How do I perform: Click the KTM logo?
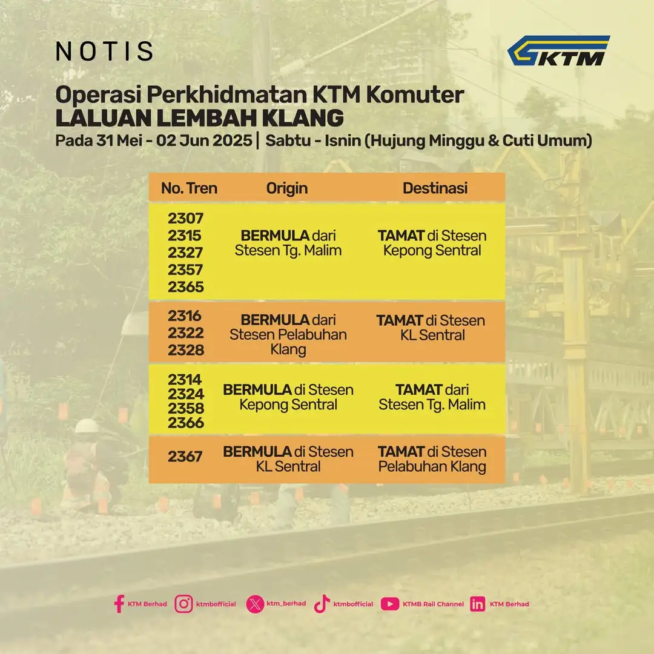(558, 50)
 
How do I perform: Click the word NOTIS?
(104, 51)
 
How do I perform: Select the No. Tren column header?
(189, 188)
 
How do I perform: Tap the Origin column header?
(287, 188)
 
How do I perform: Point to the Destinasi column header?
(435, 188)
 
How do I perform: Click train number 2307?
(186, 218)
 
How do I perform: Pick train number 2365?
(186, 287)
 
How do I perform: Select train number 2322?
(186, 333)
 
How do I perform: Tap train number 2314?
(185, 380)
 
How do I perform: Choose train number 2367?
(185, 457)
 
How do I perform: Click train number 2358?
(186, 408)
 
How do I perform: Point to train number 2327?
(185, 253)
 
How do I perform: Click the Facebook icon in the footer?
(119, 604)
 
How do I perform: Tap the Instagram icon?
(183, 604)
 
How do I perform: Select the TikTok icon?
(322, 604)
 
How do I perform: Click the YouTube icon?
(390, 604)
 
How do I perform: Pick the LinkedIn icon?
(478, 604)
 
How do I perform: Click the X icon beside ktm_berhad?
(255, 604)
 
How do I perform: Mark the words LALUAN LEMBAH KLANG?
(200, 118)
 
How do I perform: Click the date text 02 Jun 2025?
(204, 140)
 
